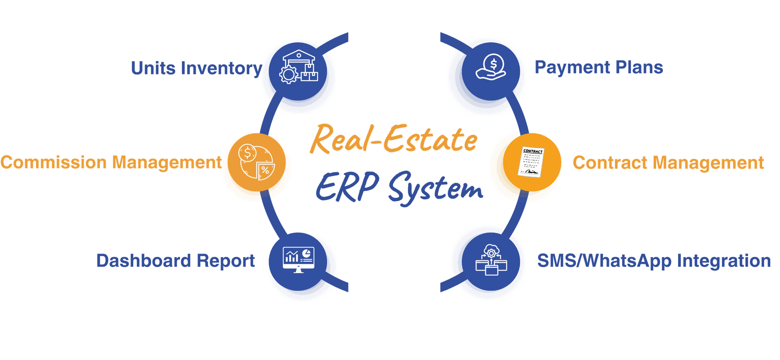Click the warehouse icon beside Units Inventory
[x=299, y=67]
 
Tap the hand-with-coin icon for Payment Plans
[x=491, y=67]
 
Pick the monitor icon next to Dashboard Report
[x=299, y=260]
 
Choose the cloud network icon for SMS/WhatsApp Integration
[x=491, y=260]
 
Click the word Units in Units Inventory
[x=153, y=68]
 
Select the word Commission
[x=53, y=162]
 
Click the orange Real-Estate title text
[x=393, y=139]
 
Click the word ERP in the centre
[x=347, y=186]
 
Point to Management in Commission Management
[x=167, y=163]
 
